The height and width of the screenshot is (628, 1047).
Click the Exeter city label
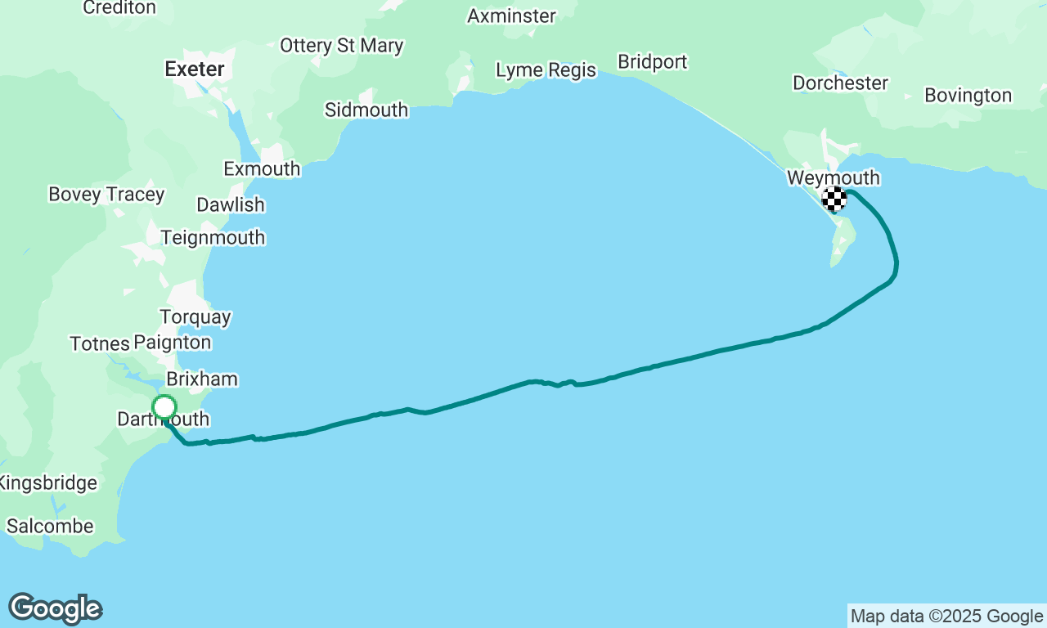pyautogui.click(x=195, y=69)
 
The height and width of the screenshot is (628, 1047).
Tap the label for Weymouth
pyautogui.click(x=833, y=177)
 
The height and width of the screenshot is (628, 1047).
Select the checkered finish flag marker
pyautogui.click(x=834, y=199)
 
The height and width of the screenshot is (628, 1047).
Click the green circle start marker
pyautogui.click(x=164, y=407)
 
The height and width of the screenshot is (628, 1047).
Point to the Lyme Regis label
pyautogui.click(x=546, y=70)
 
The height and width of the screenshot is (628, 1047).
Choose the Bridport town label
pyautogui.click(x=652, y=62)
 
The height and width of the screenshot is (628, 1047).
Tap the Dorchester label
pyautogui.click(x=840, y=83)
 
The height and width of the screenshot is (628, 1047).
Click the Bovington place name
pyautogui.click(x=968, y=96)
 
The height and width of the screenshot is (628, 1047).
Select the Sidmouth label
pyautogui.click(x=366, y=110)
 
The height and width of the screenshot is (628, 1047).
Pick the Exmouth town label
pyautogui.click(x=262, y=169)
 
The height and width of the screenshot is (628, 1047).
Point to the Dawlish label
pyautogui.click(x=231, y=204)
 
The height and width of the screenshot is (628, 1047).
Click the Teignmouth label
pyautogui.click(x=213, y=238)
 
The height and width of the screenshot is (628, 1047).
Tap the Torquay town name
pyautogui.click(x=195, y=316)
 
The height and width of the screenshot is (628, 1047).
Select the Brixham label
pyautogui.click(x=202, y=379)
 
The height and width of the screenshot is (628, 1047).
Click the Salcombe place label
pyautogui.click(x=50, y=527)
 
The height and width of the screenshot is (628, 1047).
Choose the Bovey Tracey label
pyautogui.click(x=106, y=195)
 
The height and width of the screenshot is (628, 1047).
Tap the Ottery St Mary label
pyautogui.click(x=341, y=46)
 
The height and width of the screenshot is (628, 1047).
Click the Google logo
pyautogui.click(x=56, y=609)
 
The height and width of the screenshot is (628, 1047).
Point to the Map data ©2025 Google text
pyautogui.click(x=946, y=617)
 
